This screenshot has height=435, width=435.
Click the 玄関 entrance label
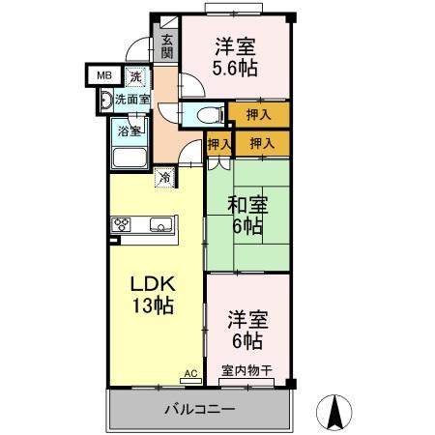click(167, 46)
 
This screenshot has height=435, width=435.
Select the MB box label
click(101, 74)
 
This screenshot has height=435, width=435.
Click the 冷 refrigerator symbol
click(165, 177)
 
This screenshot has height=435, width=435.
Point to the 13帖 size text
click(152, 306)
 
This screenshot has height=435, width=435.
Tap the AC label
click(188, 370)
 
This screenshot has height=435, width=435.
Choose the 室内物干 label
click(246, 370)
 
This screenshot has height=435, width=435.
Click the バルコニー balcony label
click(198, 409)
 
